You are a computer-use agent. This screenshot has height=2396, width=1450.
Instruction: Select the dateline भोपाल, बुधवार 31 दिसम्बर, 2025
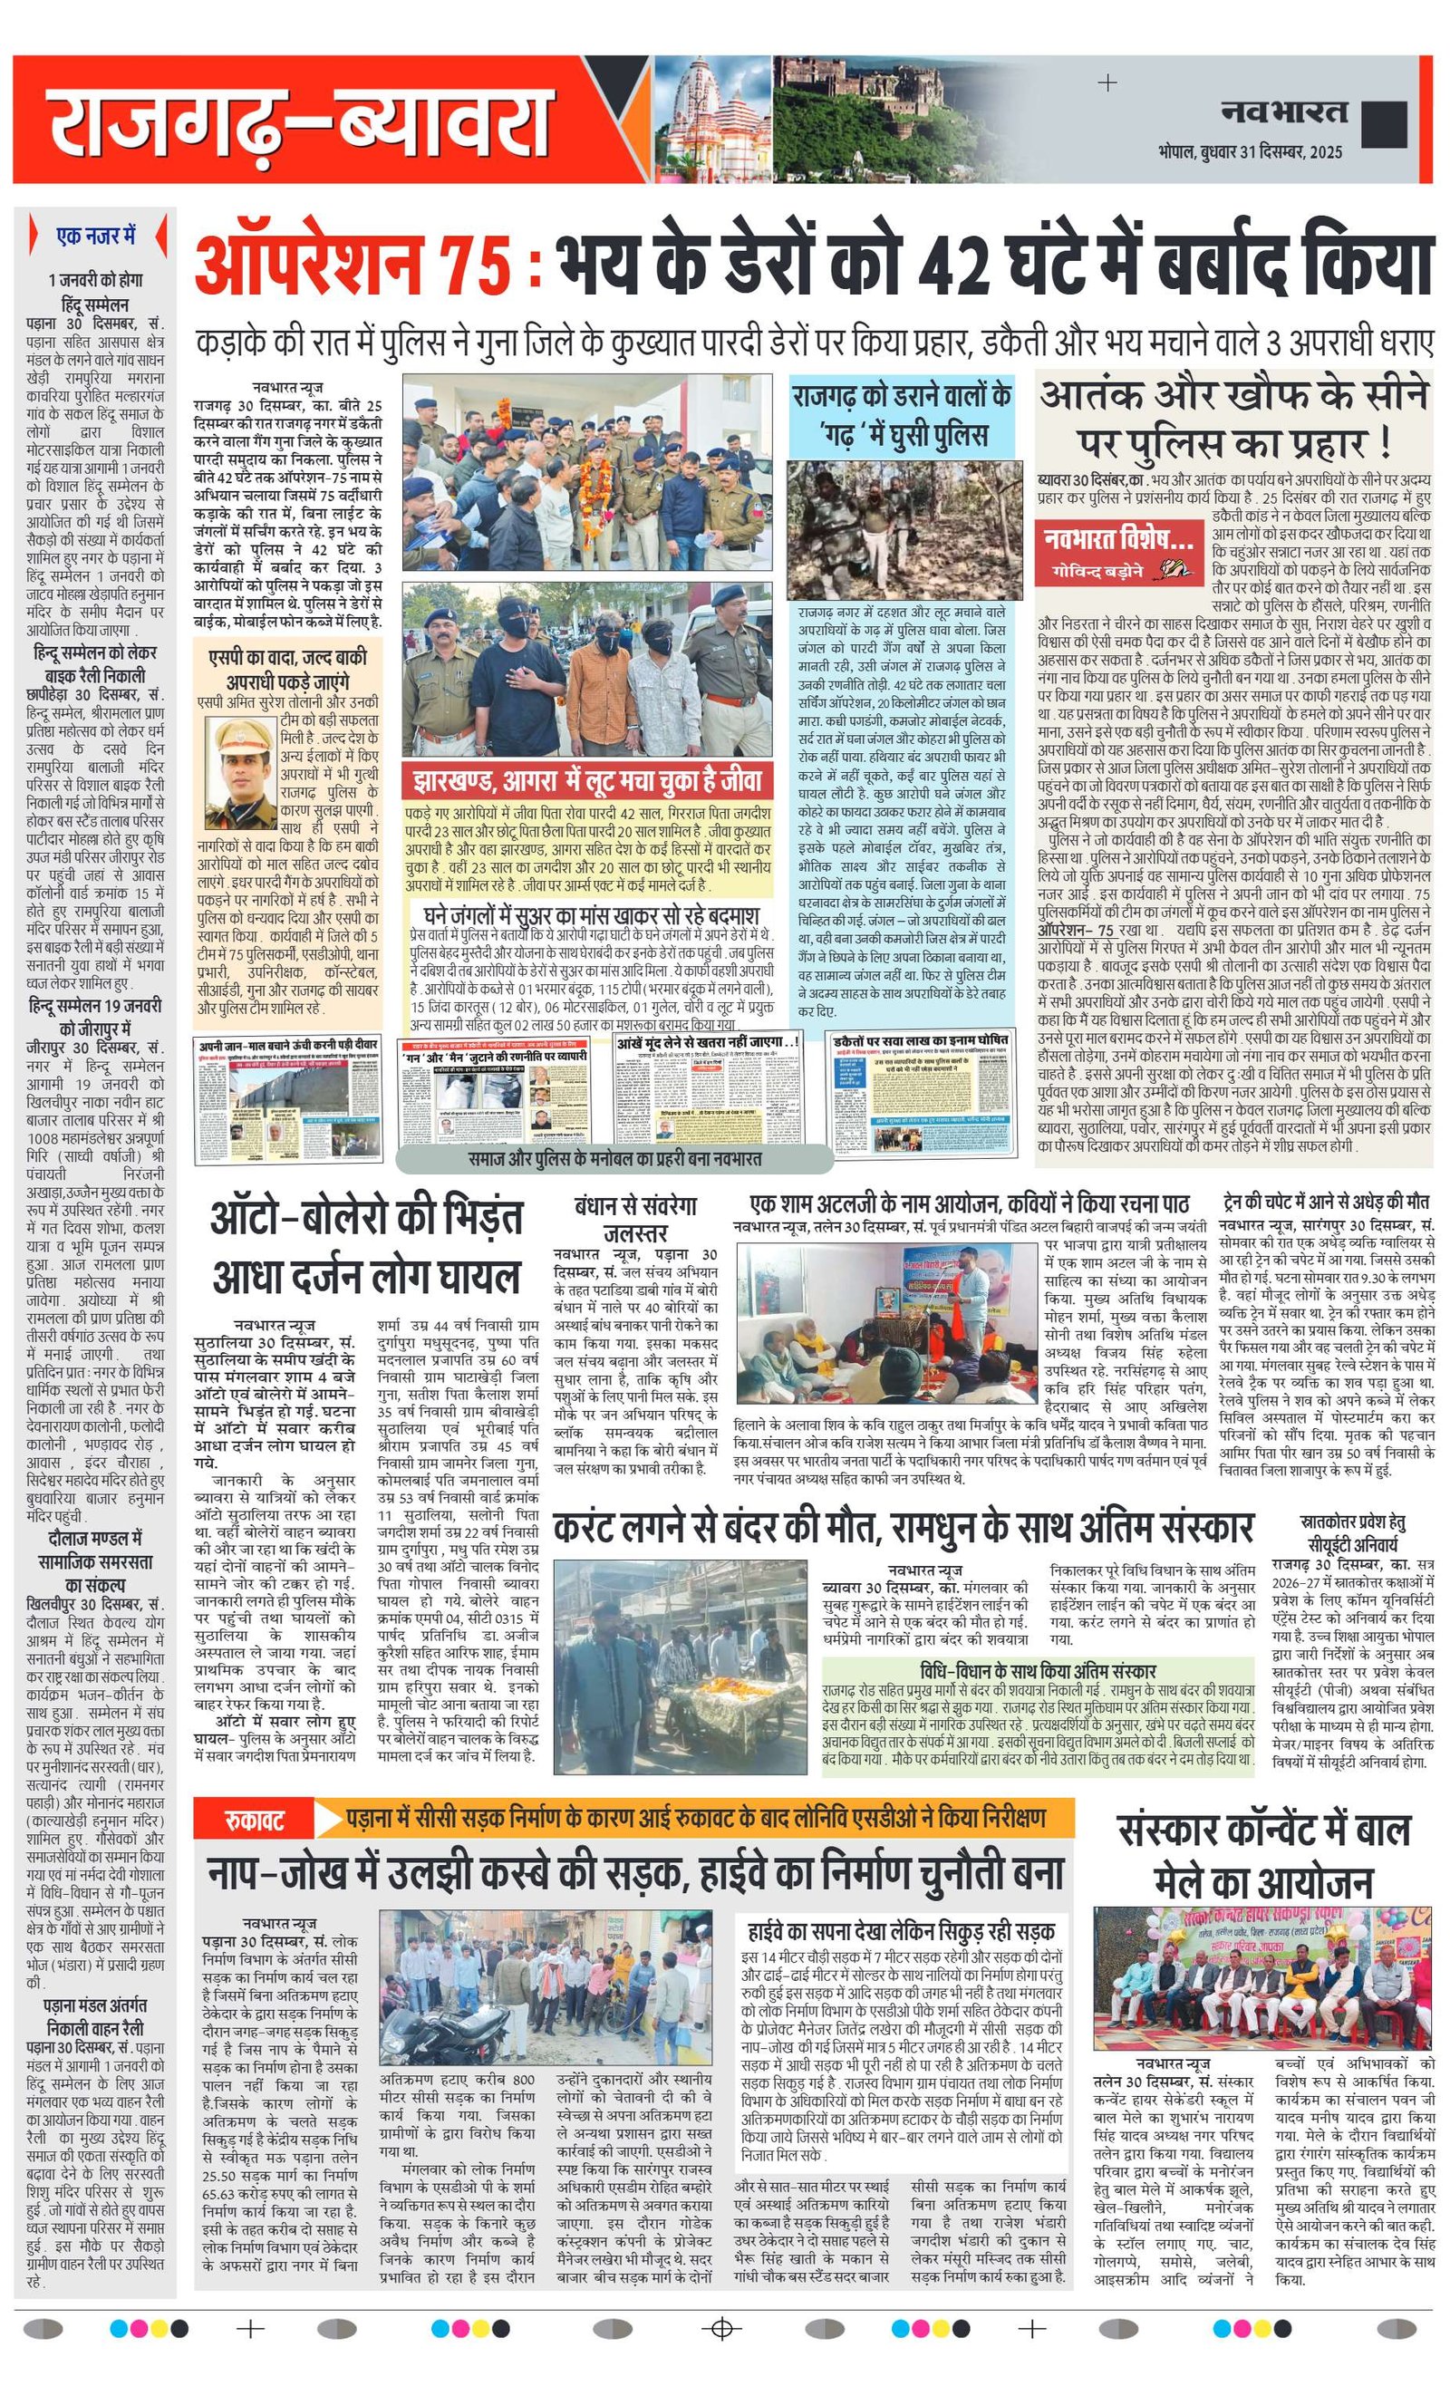tap(1250, 152)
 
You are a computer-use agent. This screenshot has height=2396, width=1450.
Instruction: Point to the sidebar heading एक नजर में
tap(95, 236)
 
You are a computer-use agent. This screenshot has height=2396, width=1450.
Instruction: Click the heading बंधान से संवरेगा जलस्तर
tap(635, 1220)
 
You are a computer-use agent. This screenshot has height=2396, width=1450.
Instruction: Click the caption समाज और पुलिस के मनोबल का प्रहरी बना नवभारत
tap(614, 1158)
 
